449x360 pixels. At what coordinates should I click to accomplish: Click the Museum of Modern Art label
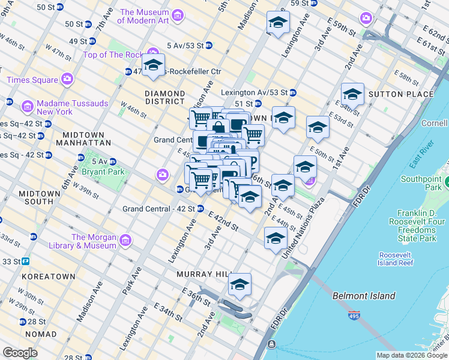coord(143,16)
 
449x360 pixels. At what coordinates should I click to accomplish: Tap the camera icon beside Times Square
coord(67,79)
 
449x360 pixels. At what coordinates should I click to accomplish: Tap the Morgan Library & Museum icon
coord(125,241)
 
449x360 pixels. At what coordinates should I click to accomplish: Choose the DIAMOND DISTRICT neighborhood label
coord(165,98)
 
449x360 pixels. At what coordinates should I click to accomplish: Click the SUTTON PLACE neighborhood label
coord(401,94)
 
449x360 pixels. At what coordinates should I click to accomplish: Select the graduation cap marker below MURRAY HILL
coord(239,285)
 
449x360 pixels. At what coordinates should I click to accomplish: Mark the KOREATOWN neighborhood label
coord(48,277)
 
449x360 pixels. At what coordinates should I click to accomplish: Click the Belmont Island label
coord(364,296)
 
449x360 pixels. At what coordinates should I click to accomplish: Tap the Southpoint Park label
coord(421,183)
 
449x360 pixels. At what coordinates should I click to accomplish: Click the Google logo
coord(20,352)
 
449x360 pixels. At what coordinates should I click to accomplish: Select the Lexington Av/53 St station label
coord(254,93)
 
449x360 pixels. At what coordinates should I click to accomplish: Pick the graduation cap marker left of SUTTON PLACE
coord(352,95)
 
